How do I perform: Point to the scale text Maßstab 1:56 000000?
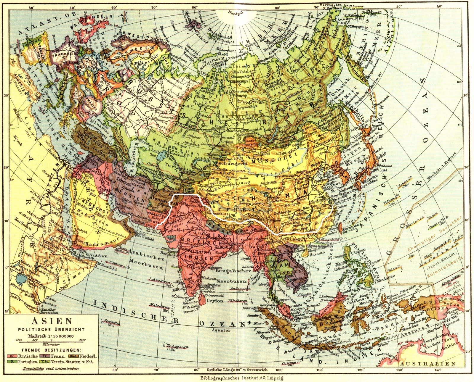pyautogui.click(x=51, y=336)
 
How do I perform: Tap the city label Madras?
pyautogui.click(x=208, y=278)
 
